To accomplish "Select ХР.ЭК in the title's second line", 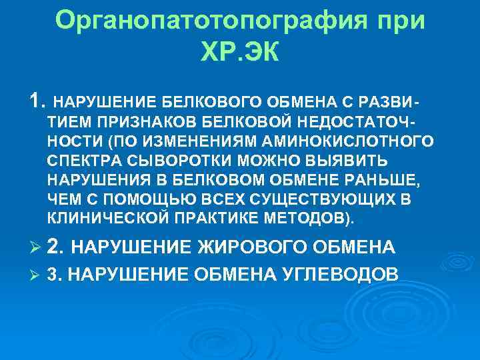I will point(237,51).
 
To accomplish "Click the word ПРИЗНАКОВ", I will point(147,123).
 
